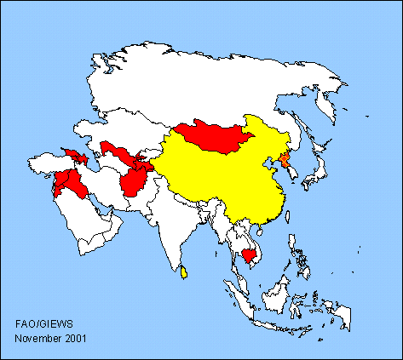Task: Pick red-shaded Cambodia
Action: coord(250,254)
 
